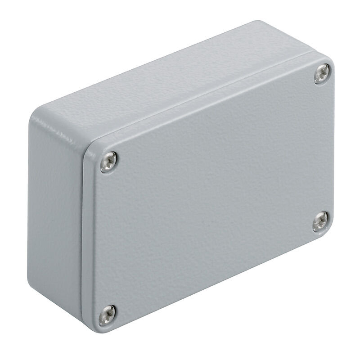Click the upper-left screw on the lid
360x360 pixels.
(108, 162)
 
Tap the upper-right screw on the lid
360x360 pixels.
(322, 74)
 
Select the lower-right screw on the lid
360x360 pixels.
(320, 222)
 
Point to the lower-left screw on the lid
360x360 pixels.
(107, 315)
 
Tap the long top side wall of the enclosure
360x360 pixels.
(180, 85)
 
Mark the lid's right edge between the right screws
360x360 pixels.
(333, 148)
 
